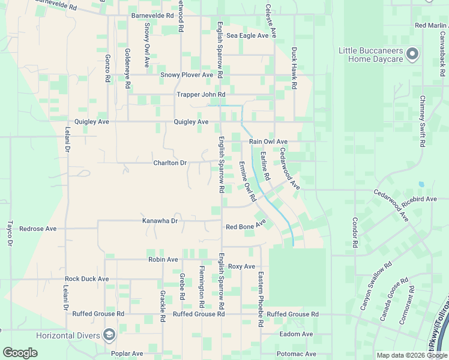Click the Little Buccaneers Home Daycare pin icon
pos(412,55)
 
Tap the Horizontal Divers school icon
pos(109,334)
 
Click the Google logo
pos(20,353)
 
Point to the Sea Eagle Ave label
pos(247,36)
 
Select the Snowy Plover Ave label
pos(187,75)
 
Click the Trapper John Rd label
pos(200,95)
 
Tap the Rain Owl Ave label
pos(268,142)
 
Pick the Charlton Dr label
pos(170,163)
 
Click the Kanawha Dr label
pos(160,221)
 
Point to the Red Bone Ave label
pos(245,226)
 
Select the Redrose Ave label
pos(38,229)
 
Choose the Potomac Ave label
pos(297,355)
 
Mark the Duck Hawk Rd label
pos(294,68)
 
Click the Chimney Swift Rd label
pos(423,121)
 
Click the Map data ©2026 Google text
pos(411,355)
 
